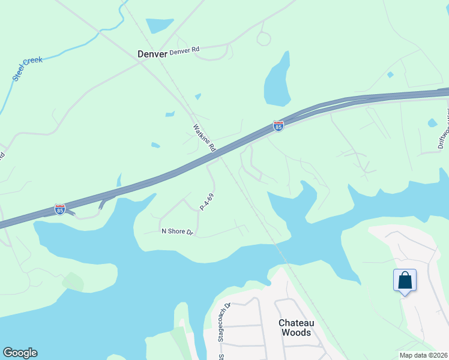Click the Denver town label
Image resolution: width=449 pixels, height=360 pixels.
152,53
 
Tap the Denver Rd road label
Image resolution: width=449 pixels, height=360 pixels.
184,52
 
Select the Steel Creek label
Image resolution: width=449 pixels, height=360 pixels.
27,70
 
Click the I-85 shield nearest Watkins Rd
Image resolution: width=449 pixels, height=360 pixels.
278,126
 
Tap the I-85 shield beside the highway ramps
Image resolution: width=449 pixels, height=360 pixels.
59,209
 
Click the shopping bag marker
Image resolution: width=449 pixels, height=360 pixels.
405,280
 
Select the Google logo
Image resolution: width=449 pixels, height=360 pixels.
20,353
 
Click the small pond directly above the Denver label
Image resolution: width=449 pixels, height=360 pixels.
159,25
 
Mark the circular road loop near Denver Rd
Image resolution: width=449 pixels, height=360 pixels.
264,39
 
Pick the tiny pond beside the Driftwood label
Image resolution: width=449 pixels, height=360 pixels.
432,123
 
